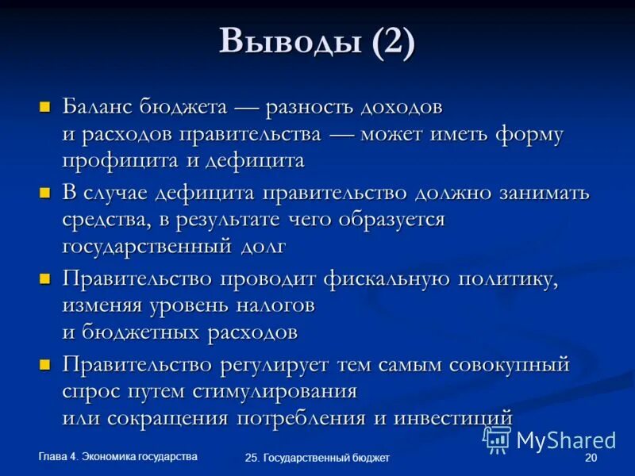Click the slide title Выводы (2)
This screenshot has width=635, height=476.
[317, 42]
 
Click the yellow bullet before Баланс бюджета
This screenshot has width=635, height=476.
[45, 106]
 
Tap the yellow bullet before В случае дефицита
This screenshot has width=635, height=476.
[45, 192]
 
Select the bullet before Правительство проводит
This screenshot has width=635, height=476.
[45, 278]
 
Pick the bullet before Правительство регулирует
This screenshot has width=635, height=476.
[45, 365]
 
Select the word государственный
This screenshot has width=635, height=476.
[148, 246]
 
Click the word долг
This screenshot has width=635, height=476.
[262, 246]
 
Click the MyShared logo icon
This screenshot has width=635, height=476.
[497, 439]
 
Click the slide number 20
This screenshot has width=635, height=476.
[590, 459]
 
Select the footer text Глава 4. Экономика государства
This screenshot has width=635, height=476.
[118, 455]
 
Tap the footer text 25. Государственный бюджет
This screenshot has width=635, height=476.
[317, 459]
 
